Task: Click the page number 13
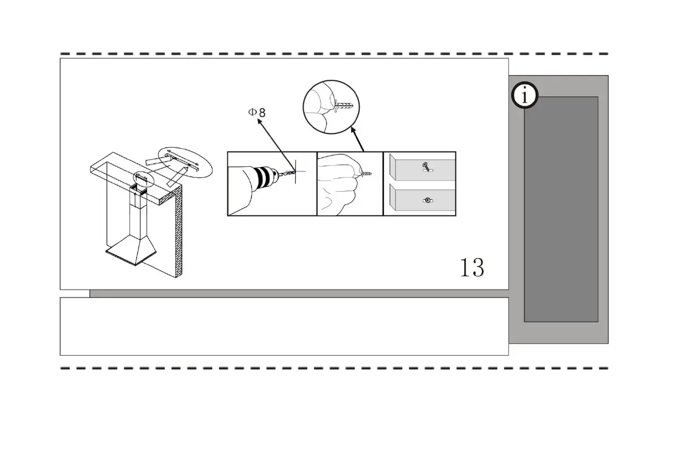click(x=472, y=267)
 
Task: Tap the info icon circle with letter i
click(x=525, y=96)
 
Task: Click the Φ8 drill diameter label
click(x=256, y=112)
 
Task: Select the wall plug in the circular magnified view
click(x=343, y=105)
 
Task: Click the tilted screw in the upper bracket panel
click(x=425, y=167)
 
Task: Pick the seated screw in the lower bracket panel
click(x=428, y=200)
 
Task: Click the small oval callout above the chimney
click(x=143, y=179)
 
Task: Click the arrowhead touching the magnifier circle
click(x=352, y=130)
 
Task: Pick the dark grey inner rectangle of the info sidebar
click(x=560, y=209)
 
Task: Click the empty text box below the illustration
click(x=284, y=326)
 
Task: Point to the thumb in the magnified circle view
click(x=321, y=100)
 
